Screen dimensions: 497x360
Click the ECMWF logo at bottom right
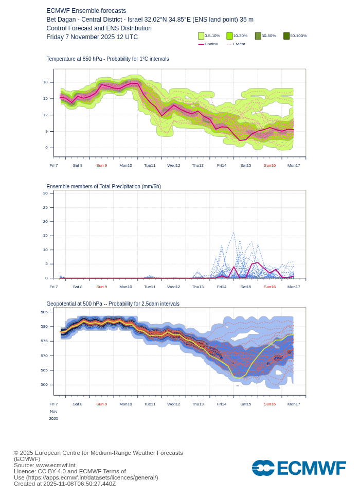point(299,468)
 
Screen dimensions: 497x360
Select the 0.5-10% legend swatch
point(201,36)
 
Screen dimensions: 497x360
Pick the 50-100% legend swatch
point(286,36)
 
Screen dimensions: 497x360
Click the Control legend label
point(211,44)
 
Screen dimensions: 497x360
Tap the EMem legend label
point(239,44)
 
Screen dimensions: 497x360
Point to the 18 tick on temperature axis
point(45,82)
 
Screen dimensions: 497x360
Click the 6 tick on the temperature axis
point(46,148)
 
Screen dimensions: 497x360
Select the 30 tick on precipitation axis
point(45,193)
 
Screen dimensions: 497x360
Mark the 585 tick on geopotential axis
point(44,312)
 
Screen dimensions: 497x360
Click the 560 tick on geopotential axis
point(44,384)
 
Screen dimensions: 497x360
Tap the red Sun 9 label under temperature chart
point(102,165)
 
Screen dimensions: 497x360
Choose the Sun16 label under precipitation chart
point(269,287)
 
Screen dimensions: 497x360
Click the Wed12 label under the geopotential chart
point(174,404)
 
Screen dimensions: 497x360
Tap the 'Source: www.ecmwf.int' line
point(44,465)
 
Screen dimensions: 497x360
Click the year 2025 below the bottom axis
point(53,418)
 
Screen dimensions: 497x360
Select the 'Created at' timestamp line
point(65,484)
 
